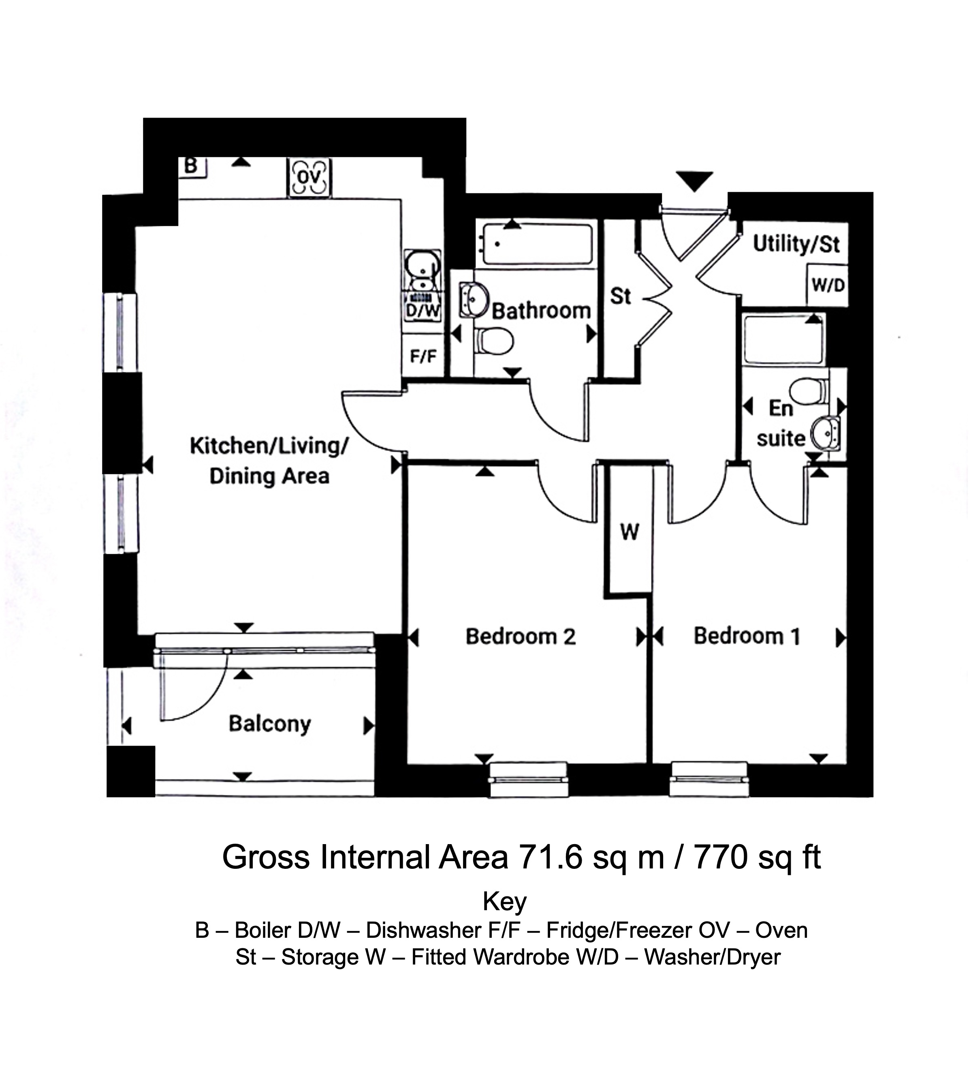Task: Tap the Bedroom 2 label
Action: click(x=521, y=637)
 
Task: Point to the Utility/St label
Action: click(x=796, y=244)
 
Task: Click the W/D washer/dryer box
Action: click(x=827, y=286)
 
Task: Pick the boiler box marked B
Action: click(x=192, y=167)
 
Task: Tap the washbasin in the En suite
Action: click(x=826, y=433)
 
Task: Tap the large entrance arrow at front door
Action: click(x=694, y=182)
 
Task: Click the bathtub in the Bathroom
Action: click(x=537, y=244)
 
